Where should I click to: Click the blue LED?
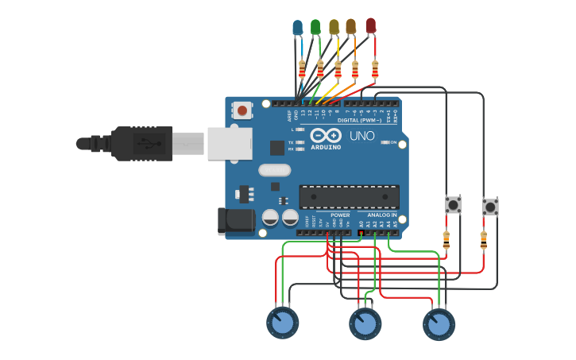pos(298,28)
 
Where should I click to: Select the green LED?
pos(315,27)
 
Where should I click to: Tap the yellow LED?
pos(334,27)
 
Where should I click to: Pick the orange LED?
pos(351,27)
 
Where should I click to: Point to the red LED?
pos(370,25)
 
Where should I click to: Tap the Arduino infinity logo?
pos(331,135)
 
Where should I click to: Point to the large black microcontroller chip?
pos(349,196)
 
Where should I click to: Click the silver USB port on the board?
pos(230,144)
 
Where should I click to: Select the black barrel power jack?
pos(236,221)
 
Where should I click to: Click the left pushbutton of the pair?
pos(453,204)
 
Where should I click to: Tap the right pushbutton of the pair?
pos(491,207)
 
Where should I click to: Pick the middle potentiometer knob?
pos(365,323)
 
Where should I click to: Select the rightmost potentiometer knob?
pos(439,324)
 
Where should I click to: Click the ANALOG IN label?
pos(381,215)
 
